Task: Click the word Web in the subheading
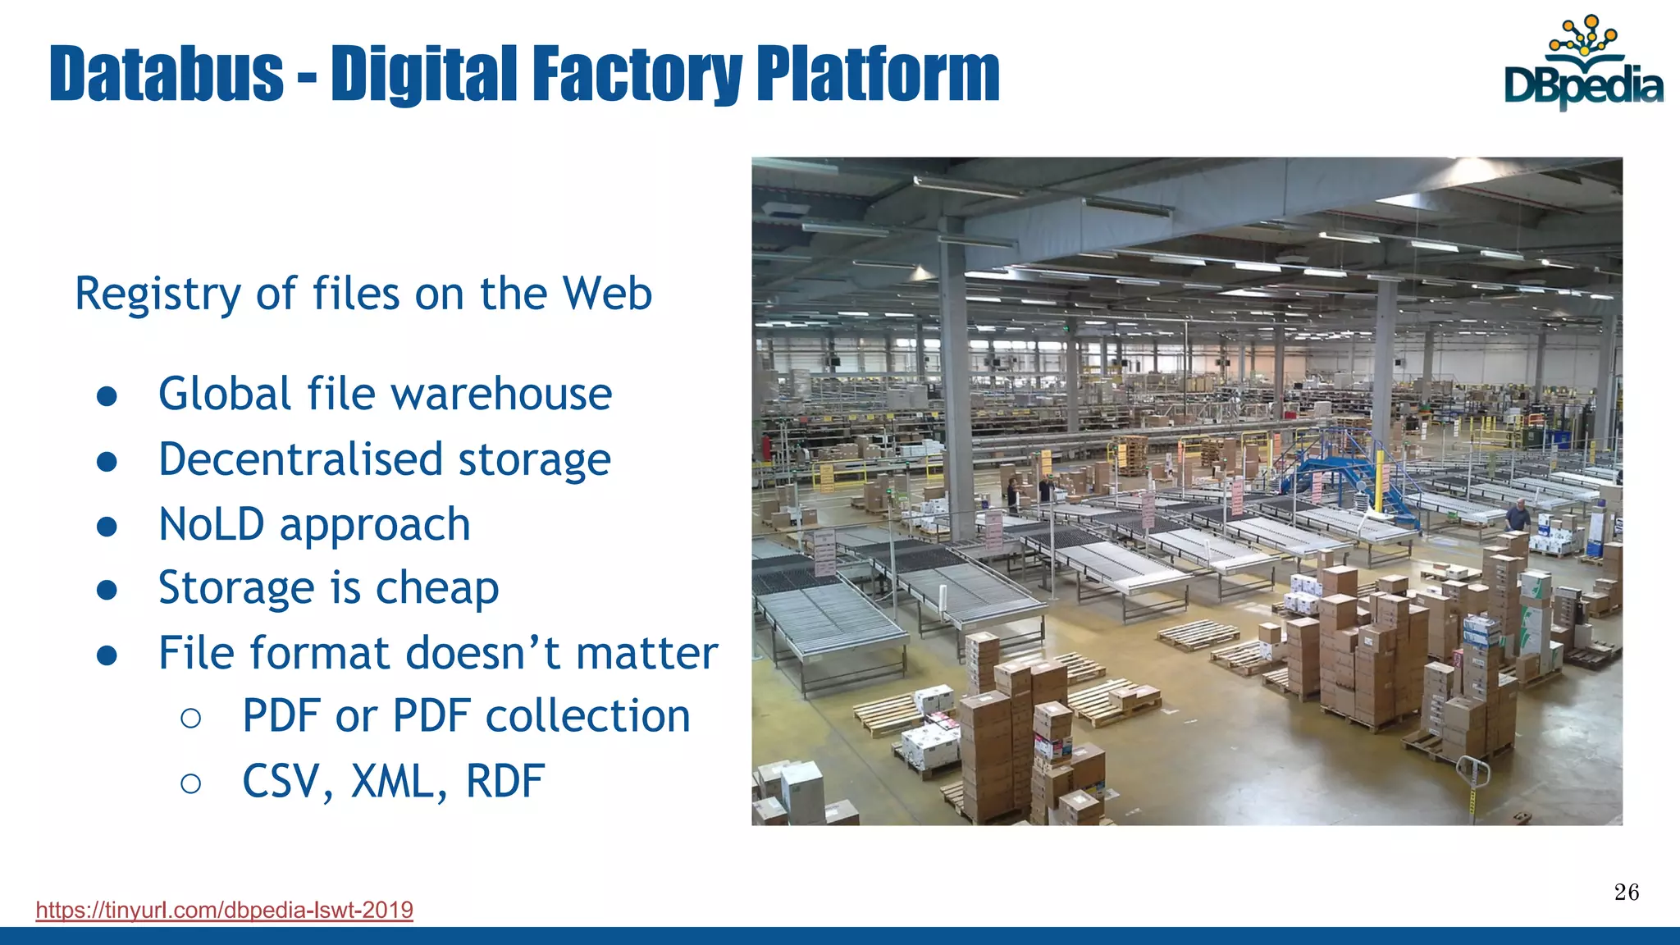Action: [608, 293]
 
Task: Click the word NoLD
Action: [212, 524]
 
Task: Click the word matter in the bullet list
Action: [646, 653]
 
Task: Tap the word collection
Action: [588, 716]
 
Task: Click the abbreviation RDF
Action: [504, 781]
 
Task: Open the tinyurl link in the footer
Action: [225, 910]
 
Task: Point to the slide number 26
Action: [1626, 892]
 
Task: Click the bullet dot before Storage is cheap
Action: [107, 589]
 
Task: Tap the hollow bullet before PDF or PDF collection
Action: [190, 718]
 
